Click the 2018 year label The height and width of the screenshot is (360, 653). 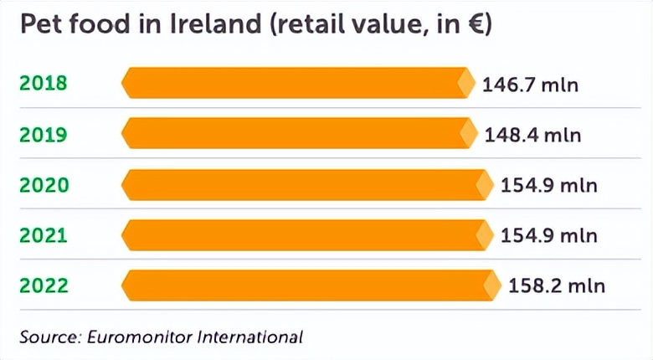click(x=42, y=84)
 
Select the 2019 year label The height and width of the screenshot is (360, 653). click(x=42, y=134)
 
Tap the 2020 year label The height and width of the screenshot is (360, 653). click(x=42, y=184)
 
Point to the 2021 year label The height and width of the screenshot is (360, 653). click(x=42, y=235)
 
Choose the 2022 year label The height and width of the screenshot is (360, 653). click(x=42, y=285)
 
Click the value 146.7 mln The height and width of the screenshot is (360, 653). click(x=531, y=85)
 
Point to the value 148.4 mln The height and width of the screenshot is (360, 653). click(x=532, y=135)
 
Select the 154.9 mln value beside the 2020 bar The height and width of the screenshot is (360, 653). click(x=548, y=185)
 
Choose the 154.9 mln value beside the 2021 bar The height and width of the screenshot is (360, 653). click(x=548, y=235)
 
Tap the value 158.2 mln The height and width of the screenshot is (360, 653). click(x=556, y=286)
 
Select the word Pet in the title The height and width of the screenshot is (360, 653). click(x=39, y=26)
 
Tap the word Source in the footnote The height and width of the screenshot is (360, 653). click(x=47, y=337)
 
